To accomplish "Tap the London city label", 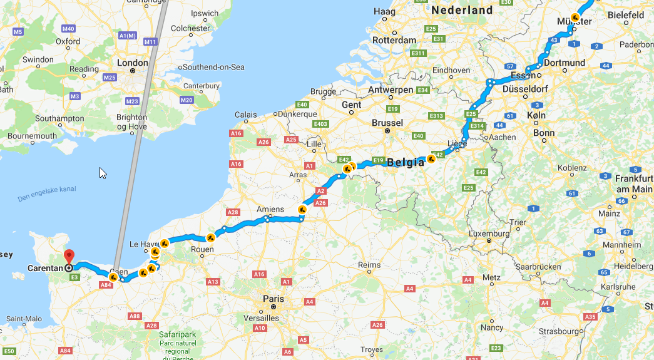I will pyautogui.click(x=133, y=63).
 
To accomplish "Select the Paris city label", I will pyautogui.click(x=273, y=299).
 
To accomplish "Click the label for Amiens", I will pyautogui.click(x=270, y=209).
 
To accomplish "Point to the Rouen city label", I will pyautogui.click(x=202, y=249).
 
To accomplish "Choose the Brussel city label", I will pyautogui.click(x=387, y=123).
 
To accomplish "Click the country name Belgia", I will pyautogui.click(x=406, y=162).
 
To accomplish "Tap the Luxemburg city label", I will pyautogui.click(x=489, y=234).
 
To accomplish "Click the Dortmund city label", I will pyautogui.click(x=565, y=63).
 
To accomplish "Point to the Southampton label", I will pyautogui.click(x=59, y=118).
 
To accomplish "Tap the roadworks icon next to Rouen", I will pyautogui.click(x=211, y=237).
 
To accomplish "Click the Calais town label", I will pyautogui.click(x=245, y=115).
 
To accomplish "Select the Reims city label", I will pyautogui.click(x=369, y=265).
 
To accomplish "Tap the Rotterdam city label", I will pyautogui.click(x=395, y=40).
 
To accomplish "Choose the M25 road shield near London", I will pyautogui.click(x=110, y=77).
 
